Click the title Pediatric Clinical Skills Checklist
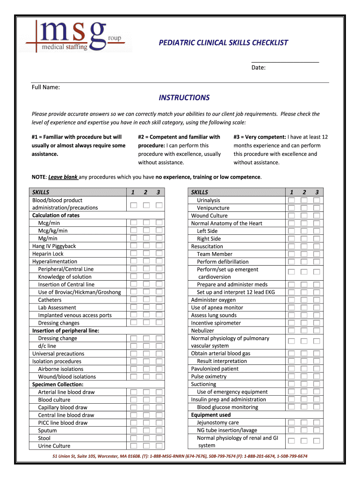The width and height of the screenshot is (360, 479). [x=223, y=43]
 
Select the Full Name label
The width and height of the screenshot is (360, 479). [x=45, y=87]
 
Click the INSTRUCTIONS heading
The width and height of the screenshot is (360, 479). [x=184, y=97]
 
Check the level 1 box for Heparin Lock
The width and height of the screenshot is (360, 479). [x=134, y=254]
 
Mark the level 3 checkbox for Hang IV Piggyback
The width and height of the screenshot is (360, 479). [x=159, y=246]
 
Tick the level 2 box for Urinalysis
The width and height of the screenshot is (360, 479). [x=304, y=200]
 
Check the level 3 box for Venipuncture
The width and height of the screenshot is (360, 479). [x=317, y=208]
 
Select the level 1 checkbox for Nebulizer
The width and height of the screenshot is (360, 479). [x=291, y=330]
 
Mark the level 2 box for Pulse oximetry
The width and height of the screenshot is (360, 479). [x=304, y=376]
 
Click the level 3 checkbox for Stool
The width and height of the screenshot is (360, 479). [x=159, y=438]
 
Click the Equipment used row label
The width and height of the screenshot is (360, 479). [x=210, y=415]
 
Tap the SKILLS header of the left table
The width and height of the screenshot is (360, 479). [x=41, y=192]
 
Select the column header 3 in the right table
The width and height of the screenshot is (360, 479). [x=317, y=192]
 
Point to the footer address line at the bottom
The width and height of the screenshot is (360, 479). [x=180, y=456]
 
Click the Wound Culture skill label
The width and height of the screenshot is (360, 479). [x=209, y=216]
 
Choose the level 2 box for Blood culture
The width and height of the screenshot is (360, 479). [x=146, y=399]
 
